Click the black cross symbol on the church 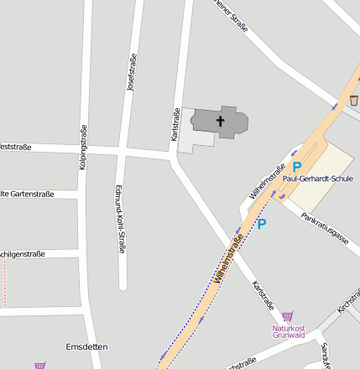221,122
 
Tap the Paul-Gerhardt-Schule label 318,179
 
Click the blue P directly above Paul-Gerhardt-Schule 296,167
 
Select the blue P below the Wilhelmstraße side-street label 261,224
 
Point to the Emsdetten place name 86,346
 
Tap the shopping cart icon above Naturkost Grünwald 288,316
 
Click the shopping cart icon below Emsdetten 39,365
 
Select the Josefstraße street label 131,73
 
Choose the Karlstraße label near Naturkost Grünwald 263,295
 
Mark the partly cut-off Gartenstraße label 27,194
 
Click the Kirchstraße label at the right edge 347,302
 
